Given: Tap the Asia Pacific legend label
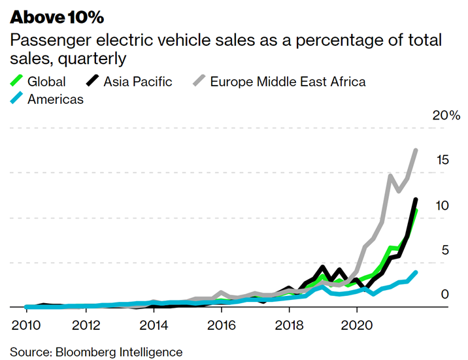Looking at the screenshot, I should [x=138, y=82].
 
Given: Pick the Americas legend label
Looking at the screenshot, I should [x=56, y=99].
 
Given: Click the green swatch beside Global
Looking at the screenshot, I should [x=17, y=82].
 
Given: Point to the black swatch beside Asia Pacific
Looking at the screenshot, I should [x=93, y=82].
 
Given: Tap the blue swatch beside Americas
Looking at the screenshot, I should [x=17, y=99].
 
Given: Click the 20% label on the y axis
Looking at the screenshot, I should [x=446, y=116].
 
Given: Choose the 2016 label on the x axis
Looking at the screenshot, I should [x=222, y=325].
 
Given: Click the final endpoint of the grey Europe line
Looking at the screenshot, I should [x=416, y=150].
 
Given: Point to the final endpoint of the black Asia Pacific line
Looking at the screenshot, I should [x=416, y=200].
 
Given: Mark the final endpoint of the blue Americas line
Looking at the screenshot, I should [x=416, y=272].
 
